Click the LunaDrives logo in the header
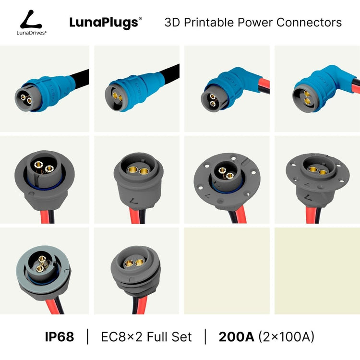coord(32,22)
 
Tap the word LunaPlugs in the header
coord(104,23)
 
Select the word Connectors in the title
coord(309,22)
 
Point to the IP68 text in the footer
coord(60,337)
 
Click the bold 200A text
coord(237,337)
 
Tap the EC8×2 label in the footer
coord(121,337)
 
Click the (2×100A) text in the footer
coord(287,337)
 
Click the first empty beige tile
coord(227,271)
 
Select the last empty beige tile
coord(317,271)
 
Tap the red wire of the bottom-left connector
coord(51,307)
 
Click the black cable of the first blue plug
coord(80,78)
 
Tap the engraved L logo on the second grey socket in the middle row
coord(133,201)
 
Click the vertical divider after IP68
coord(88,336)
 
